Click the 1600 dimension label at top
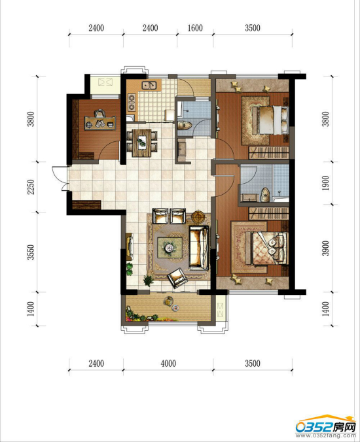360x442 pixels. click(195, 28)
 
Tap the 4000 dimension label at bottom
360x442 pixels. click(168, 364)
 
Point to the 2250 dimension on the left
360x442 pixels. click(31, 187)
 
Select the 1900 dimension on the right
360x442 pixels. click(325, 183)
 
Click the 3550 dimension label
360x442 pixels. click(31, 252)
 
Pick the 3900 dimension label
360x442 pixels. click(325, 248)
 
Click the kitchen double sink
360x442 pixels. click(149, 85)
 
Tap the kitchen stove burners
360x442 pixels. click(132, 103)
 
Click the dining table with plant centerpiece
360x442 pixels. click(141, 143)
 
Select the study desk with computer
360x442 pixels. click(100, 123)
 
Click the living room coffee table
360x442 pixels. click(170, 247)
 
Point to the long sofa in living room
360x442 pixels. click(199, 248)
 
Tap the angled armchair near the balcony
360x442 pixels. click(177, 278)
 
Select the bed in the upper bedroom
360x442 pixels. click(270, 120)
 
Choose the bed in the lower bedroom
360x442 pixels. click(266, 248)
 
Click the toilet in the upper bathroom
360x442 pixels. click(185, 125)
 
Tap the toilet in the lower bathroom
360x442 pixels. click(265, 195)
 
